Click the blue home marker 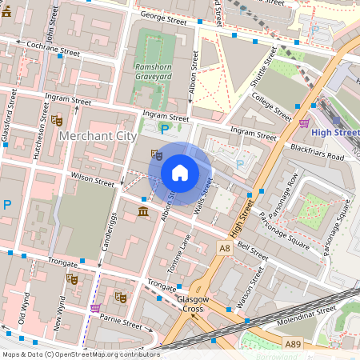(180, 173)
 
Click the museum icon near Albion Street (143, 211)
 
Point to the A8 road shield (225, 250)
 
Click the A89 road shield (294, 343)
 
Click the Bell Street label (253, 250)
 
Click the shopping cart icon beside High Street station (304, 123)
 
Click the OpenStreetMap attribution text (81, 354)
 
